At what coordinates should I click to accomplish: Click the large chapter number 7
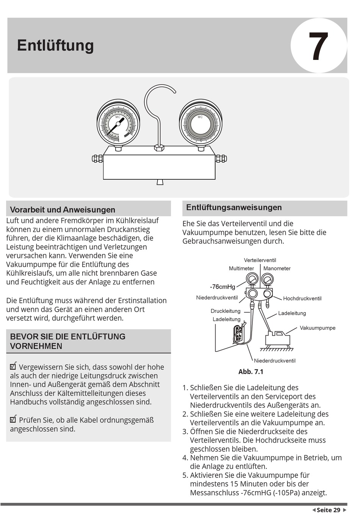[318, 46]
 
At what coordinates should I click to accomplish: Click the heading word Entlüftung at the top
[55, 46]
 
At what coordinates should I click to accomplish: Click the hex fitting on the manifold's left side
[97, 159]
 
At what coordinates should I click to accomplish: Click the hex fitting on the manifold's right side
[221, 159]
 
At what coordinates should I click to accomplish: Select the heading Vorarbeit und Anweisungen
[63, 210]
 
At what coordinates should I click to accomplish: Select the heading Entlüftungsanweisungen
[234, 207]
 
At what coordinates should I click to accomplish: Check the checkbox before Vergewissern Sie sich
[13, 366]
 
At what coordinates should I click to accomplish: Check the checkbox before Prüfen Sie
[13, 419]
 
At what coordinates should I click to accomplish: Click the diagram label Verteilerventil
[260, 260]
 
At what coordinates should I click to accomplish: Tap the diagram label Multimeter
[241, 268]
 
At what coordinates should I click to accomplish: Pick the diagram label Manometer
[277, 268]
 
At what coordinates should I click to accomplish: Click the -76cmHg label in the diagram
[222, 287]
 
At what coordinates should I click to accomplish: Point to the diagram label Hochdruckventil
[302, 298]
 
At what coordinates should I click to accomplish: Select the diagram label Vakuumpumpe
[318, 328]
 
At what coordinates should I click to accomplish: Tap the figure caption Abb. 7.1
[251, 372]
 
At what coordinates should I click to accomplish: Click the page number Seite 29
[329, 510]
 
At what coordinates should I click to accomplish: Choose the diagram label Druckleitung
[225, 311]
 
